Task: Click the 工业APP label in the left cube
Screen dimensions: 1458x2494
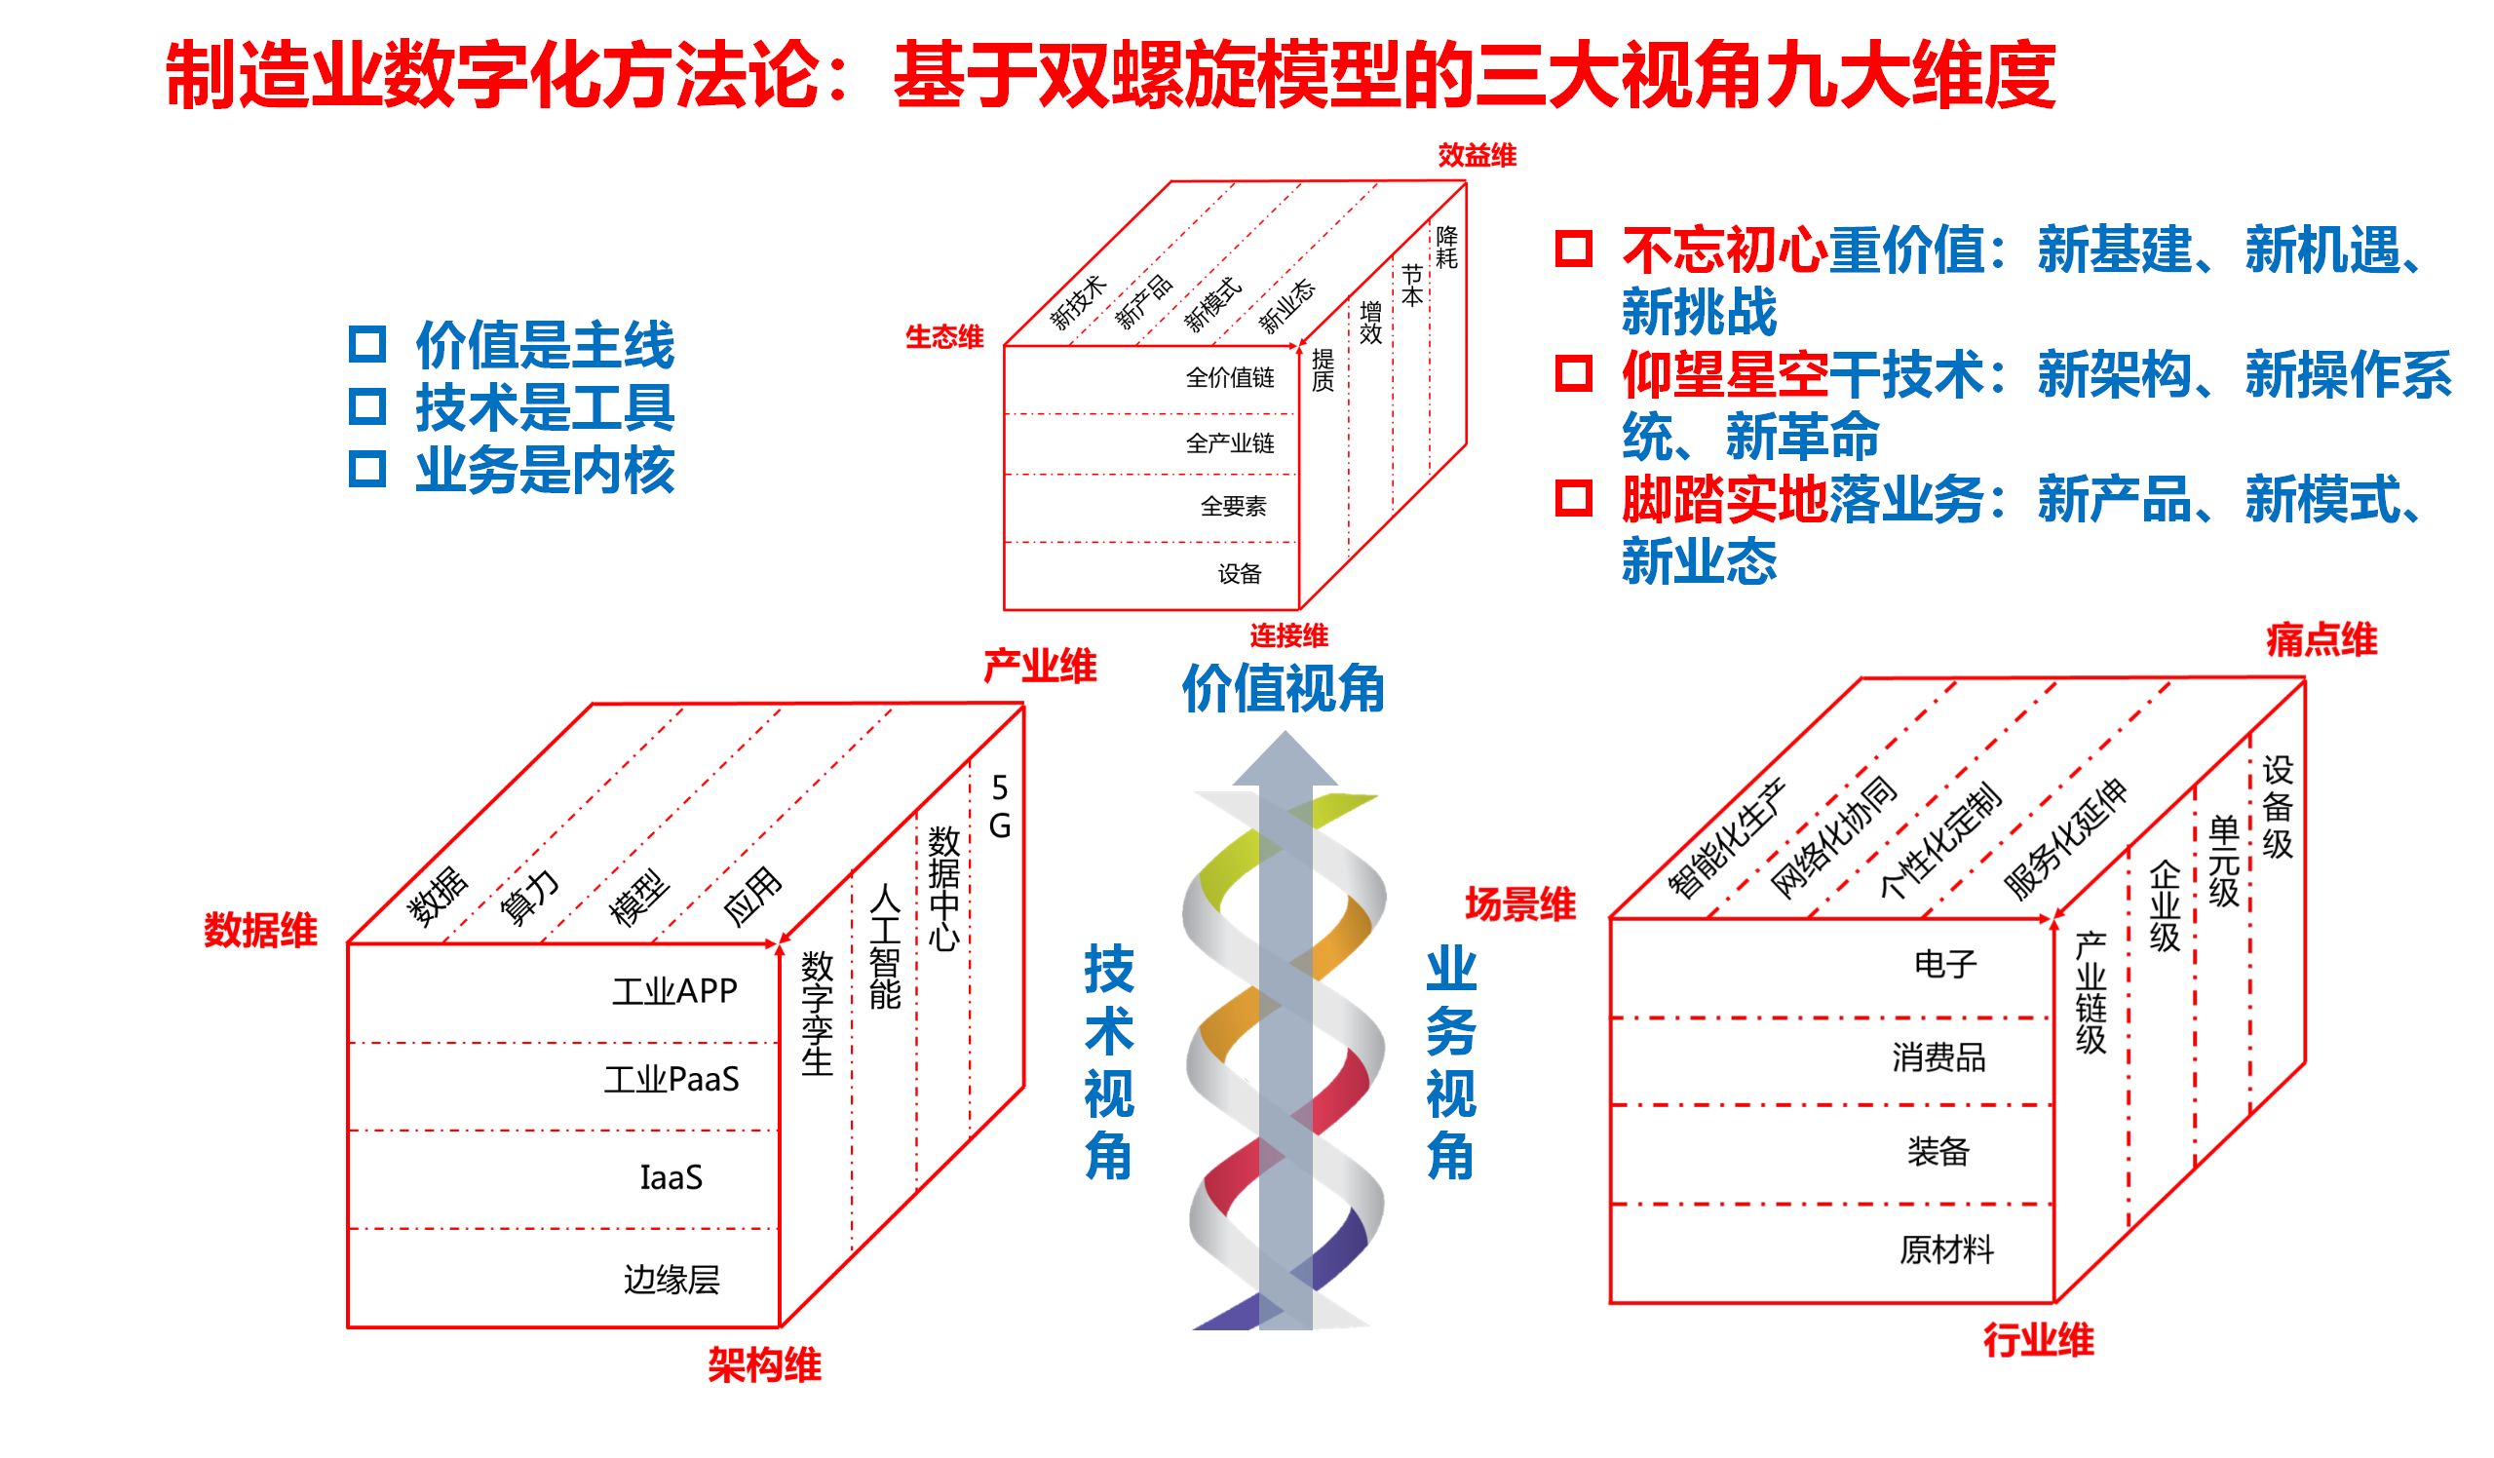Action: (675, 991)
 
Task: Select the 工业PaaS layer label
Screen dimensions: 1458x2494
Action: (672, 1079)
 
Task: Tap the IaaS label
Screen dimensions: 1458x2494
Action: (671, 1178)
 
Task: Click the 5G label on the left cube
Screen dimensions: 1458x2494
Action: (1000, 807)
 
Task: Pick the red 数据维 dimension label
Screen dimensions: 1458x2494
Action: (260, 930)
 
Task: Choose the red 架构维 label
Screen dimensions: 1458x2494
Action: (764, 1366)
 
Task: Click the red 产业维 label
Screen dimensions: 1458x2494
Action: (1039, 667)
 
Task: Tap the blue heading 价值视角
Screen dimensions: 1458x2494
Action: (1284, 689)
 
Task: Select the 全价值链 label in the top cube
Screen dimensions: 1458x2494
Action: (1230, 378)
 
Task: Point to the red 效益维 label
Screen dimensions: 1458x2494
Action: (1477, 155)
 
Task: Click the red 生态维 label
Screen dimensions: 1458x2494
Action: (944, 337)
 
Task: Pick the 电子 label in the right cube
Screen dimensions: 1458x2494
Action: (1944, 964)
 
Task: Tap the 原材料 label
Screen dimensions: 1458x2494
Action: (1945, 1250)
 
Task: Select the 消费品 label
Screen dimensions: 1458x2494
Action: (1938, 1058)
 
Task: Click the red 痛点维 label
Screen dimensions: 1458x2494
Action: (2321, 640)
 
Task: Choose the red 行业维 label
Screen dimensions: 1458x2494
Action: (2038, 1341)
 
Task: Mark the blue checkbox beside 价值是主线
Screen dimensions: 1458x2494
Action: (367, 344)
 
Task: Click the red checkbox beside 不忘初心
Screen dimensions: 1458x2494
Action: (1574, 249)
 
